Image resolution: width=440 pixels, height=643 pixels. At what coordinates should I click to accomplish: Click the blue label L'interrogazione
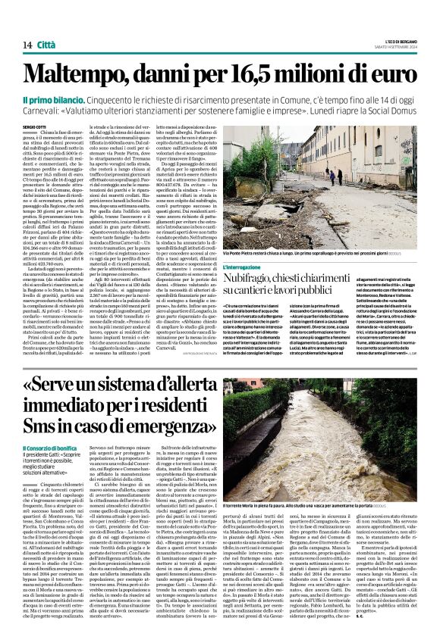point(247,267)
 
